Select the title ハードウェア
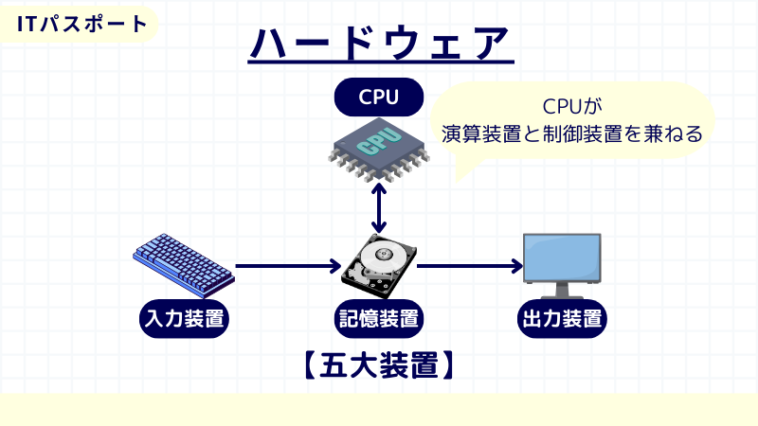pos(379,42)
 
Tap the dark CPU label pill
pos(379,96)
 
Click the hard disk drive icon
pos(380,268)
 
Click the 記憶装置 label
pos(380,317)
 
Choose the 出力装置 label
pos(562,317)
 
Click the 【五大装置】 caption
pos(379,364)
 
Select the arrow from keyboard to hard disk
pos(288,266)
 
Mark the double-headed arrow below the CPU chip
pos(380,207)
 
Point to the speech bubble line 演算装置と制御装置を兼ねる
pos(572,133)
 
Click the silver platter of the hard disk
pos(384,257)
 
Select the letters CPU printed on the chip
pos(376,142)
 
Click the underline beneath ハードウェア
pos(379,63)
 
